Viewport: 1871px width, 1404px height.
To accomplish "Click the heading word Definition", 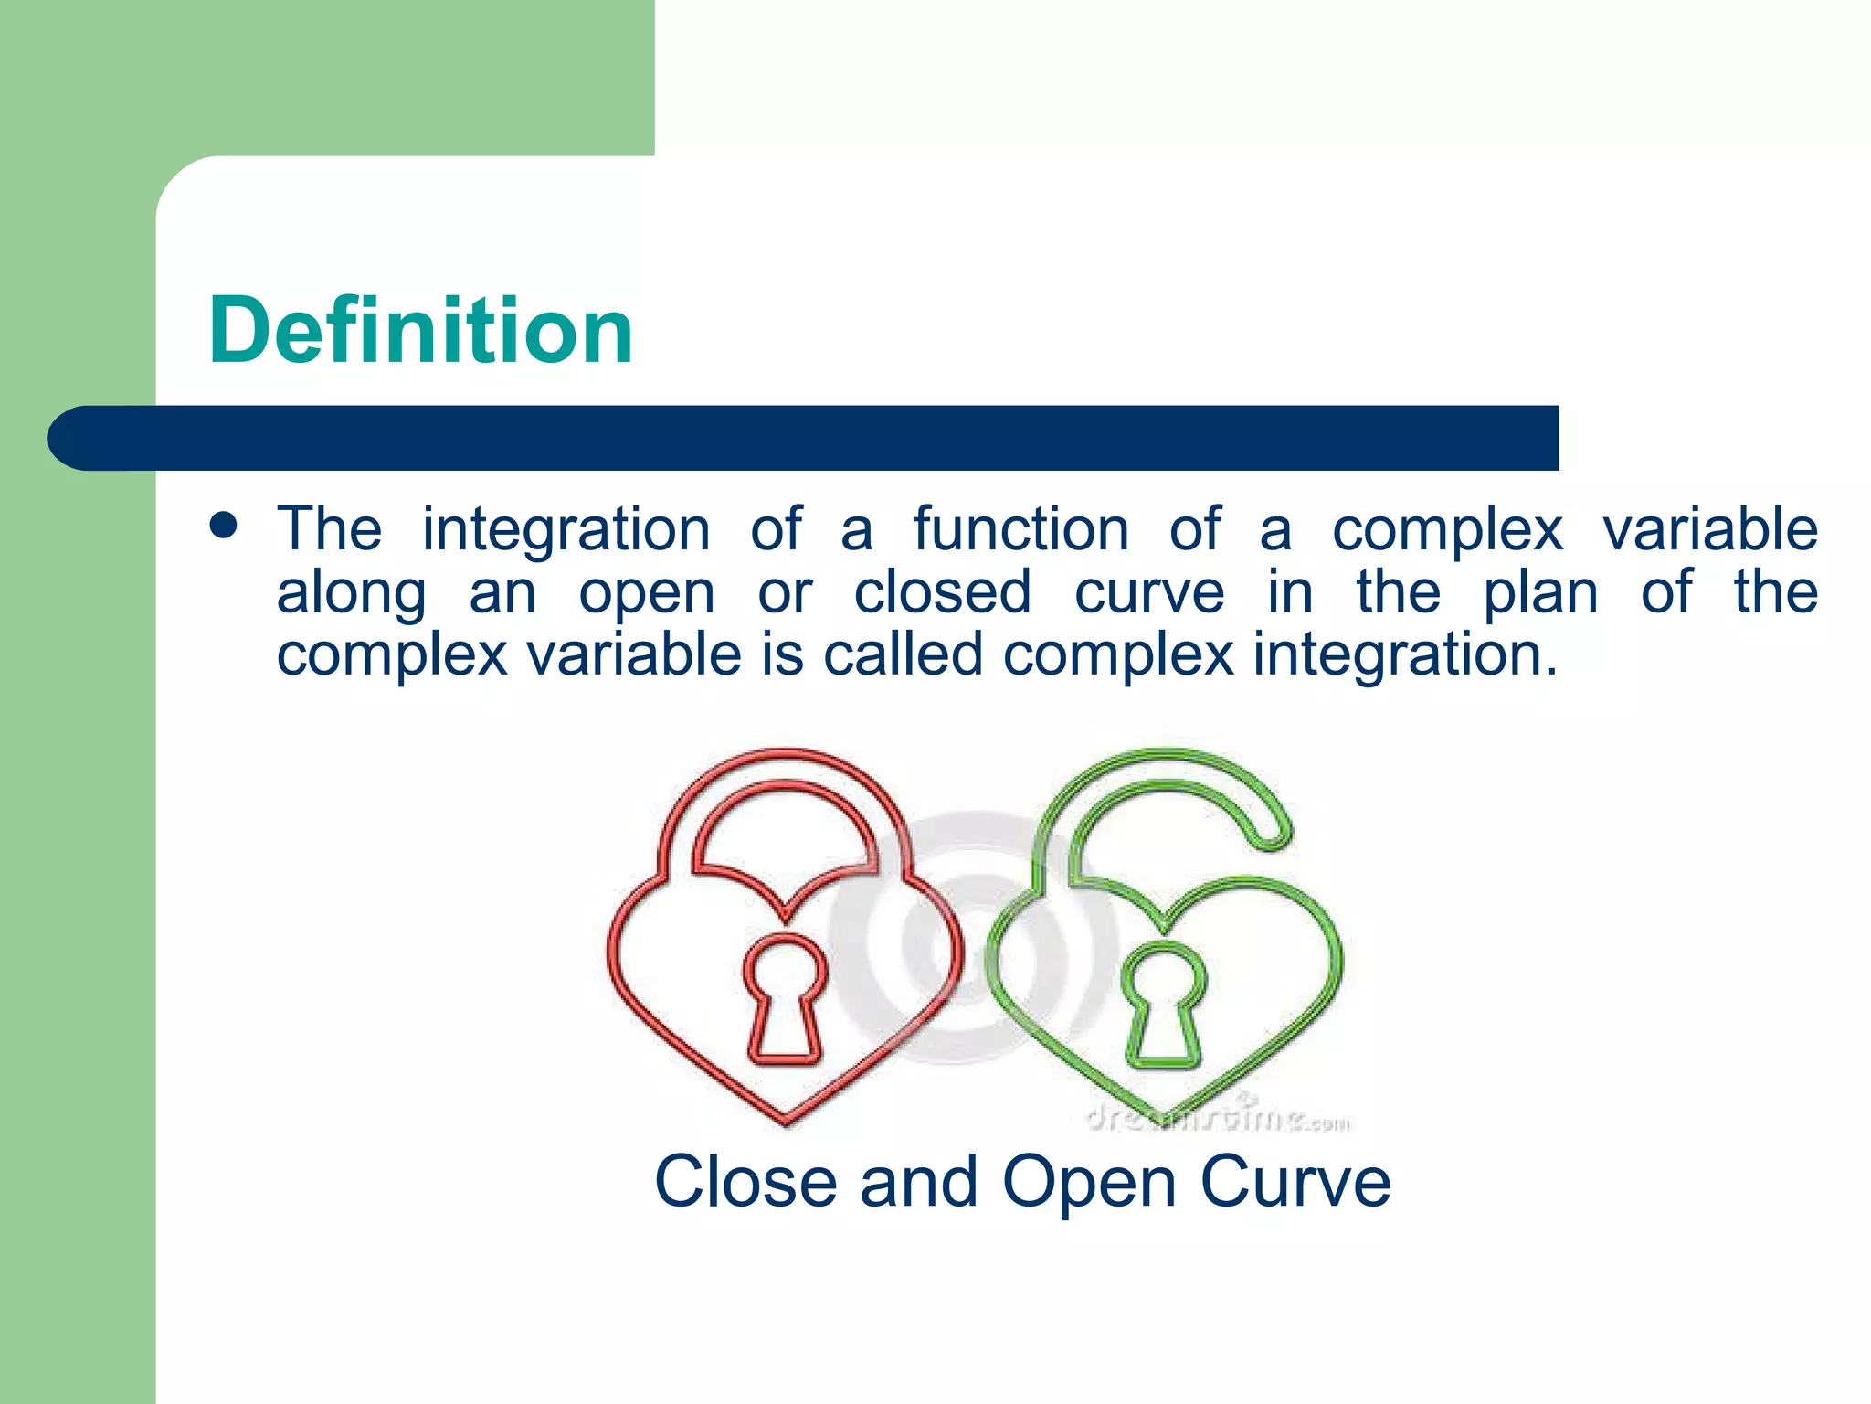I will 420,331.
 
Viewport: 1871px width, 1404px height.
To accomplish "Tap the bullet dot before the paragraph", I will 223,526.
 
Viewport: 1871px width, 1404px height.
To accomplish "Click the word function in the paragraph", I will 1020,529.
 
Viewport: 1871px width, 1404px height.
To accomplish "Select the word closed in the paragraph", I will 942,592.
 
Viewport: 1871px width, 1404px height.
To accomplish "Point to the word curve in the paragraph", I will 1148,592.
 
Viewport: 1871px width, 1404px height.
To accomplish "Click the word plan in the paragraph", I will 1539,592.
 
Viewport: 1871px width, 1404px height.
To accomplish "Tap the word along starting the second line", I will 351,594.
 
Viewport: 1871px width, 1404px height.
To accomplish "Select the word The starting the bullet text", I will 329,529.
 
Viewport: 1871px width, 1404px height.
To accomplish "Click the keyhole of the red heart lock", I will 784,996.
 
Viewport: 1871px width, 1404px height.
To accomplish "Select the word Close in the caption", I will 745,1182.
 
